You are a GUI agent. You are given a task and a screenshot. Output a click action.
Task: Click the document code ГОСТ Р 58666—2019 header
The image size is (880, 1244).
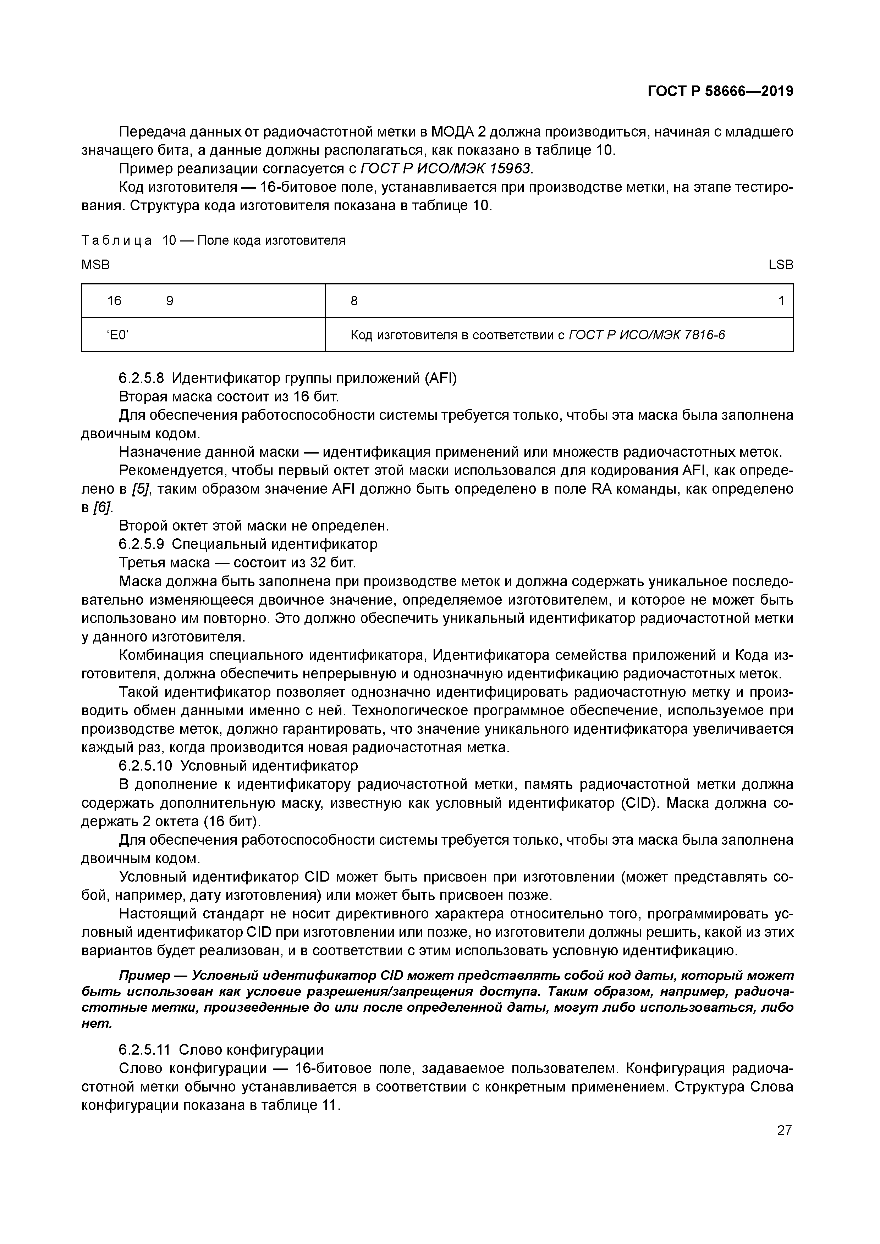pos(720,91)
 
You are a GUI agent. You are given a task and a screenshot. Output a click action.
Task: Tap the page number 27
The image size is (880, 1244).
pos(784,1130)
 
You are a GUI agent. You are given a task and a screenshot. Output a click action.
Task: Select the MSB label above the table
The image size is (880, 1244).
pos(95,265)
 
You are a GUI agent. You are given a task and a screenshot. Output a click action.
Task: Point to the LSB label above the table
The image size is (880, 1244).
pos(781,265)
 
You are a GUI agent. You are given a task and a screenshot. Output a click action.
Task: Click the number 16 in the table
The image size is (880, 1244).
pos(114,301)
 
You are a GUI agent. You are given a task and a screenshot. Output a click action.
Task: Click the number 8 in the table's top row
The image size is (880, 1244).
pos(354,301)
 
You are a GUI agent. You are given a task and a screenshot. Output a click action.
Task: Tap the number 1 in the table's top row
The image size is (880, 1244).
pos(781,301)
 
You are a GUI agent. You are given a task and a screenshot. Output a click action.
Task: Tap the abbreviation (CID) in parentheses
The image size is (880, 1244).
pos(639,803)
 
